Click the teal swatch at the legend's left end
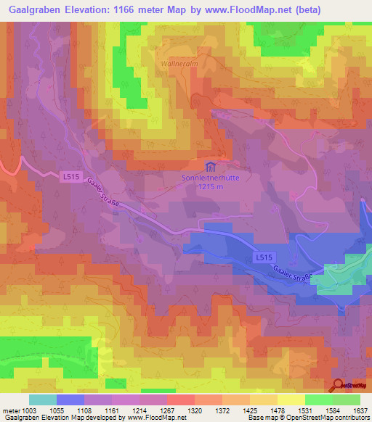[x=42, y=400]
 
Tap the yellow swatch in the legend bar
[x=291, y=400]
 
